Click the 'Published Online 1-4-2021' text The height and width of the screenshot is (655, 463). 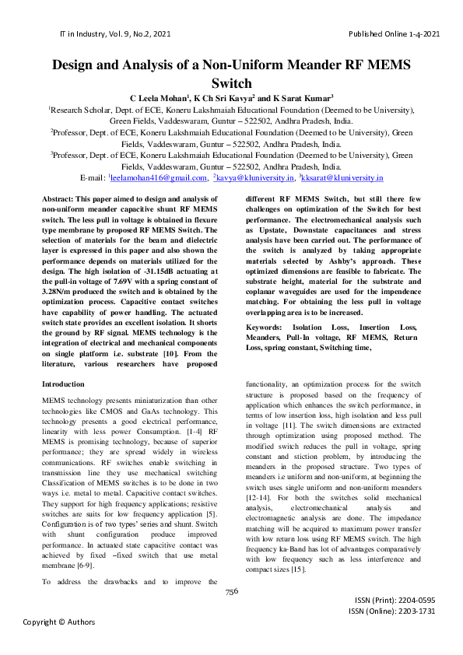[x=395, y=33]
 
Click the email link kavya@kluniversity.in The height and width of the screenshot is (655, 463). [x=256, y=178]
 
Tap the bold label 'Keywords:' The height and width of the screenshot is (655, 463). [x=268, y=327]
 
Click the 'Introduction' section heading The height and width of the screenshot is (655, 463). [x=63, y=384]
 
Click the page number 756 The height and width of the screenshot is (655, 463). [x=231, y=591]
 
